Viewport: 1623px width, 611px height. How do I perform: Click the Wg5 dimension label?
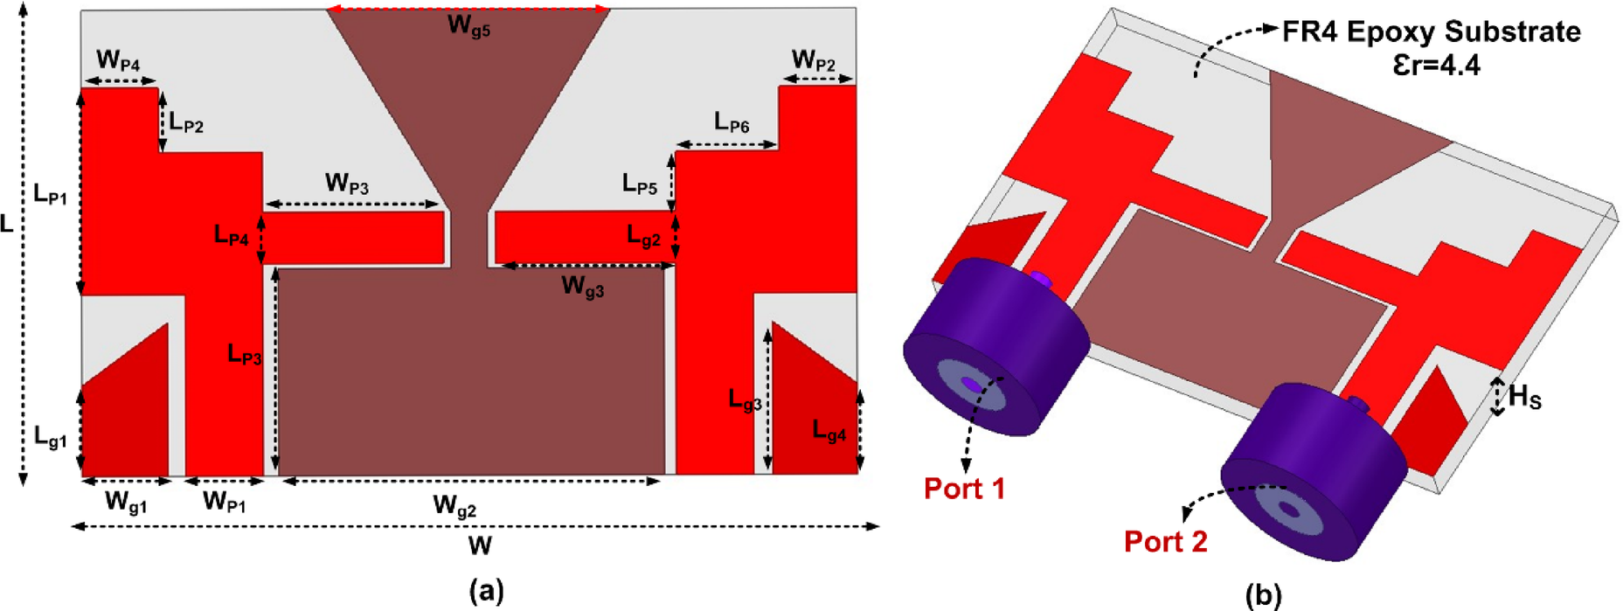tap(468, 26)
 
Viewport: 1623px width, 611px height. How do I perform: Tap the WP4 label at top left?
tap(118, 61)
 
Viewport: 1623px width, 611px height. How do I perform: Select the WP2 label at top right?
tap(813, 61)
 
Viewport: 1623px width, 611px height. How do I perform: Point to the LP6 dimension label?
tap(732, 123)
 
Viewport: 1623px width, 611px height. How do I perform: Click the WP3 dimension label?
tap(347, 184)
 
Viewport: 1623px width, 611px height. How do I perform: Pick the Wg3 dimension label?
tap(582, 287)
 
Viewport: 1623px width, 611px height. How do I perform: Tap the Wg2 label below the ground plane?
tap(454, 505)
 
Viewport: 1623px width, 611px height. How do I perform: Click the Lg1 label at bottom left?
tap(51, 436)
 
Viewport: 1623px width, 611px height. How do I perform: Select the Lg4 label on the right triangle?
tap(829, 430)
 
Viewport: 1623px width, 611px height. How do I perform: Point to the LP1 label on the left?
tap(50, 194)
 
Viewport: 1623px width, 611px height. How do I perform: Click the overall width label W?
tap(480, 546)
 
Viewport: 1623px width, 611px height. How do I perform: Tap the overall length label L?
tap(7, 225)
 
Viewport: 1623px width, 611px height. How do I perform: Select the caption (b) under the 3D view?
tap(1263, 595)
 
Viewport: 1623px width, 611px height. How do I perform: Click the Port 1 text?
tap(965, 489)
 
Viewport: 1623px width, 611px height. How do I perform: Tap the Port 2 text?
tap(1165, 542)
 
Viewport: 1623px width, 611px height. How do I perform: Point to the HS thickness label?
tap(1524, 399)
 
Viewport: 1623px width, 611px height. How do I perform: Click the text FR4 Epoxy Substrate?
tap(1431, 32)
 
